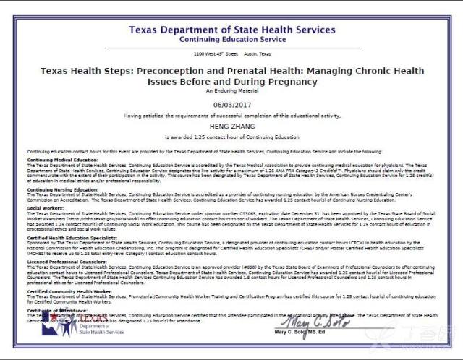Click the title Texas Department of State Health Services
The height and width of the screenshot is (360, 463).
point(231,30)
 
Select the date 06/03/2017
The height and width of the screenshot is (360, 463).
point(231,104)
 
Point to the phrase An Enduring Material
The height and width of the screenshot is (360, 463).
point(231,92)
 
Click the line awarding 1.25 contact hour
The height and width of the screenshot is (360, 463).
point(231,136)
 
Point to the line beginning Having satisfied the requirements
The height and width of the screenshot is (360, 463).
point(231,115)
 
